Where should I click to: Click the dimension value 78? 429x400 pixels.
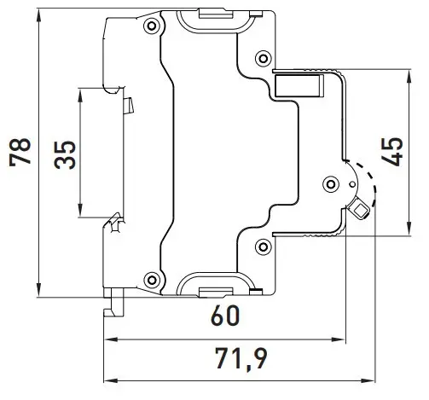20,152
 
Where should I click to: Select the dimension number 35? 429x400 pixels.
65,155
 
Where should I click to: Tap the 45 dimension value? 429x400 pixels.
392,152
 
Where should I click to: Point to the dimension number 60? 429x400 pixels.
225,316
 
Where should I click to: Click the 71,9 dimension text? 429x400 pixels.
241,359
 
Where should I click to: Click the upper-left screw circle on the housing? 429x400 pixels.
152,26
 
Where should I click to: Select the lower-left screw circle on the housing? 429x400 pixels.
152,280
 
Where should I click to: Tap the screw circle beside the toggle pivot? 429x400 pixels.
331,184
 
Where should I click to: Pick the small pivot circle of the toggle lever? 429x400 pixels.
352,184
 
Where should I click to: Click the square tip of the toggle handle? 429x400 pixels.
360,211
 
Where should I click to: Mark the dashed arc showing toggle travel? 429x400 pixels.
368,182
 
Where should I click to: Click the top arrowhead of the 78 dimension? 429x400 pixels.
39,16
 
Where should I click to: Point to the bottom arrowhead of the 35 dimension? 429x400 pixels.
81,210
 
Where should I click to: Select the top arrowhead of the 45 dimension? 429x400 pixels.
409,77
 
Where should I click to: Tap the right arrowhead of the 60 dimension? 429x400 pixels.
338,339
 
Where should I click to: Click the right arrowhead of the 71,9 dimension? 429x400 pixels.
368,380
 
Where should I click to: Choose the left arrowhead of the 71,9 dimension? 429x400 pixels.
111,380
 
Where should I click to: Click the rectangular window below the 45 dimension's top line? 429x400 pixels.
299,85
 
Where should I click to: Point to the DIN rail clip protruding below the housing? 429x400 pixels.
114,302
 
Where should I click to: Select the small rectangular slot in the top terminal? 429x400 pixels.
215,14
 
